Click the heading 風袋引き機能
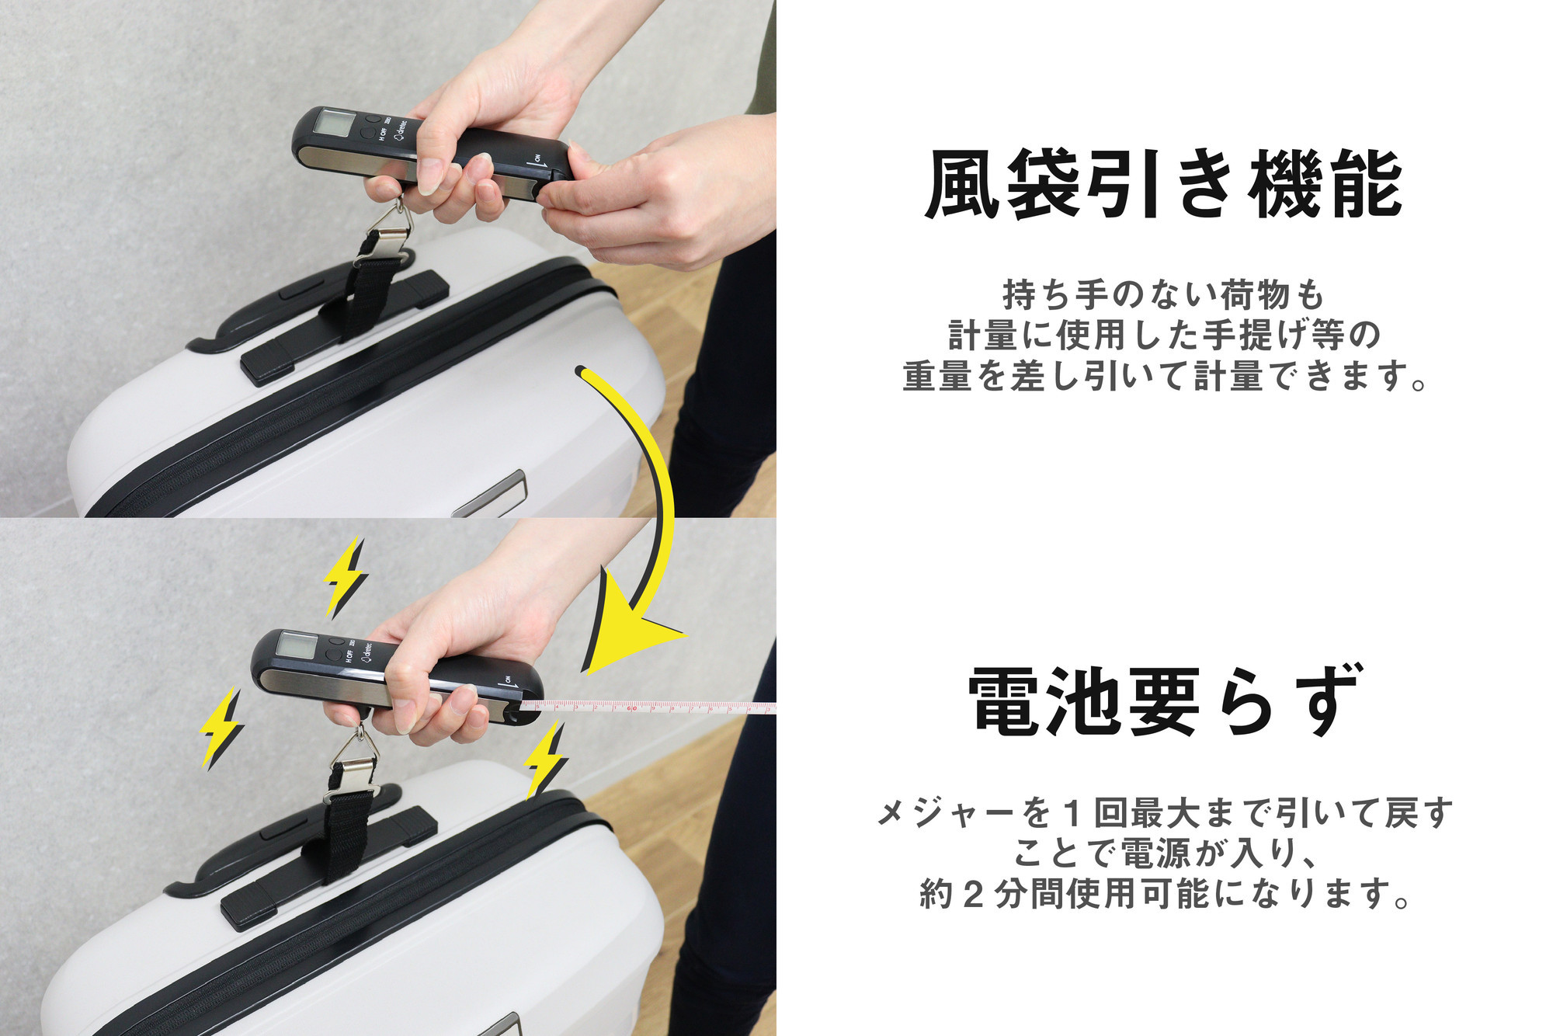(1163, 185)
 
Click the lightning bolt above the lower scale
(344, 576)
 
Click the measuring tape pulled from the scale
(648, 707)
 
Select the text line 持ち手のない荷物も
(1163, 294)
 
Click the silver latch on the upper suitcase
(491, 495)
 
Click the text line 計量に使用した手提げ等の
(1163, 335)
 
